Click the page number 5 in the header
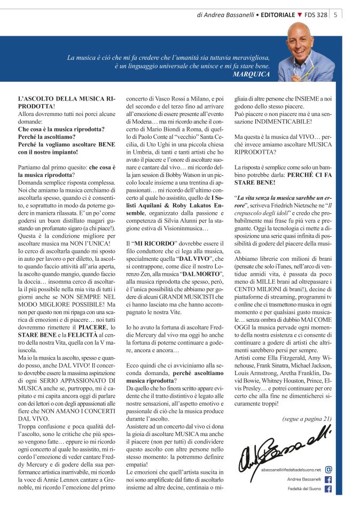[x=335, y=15]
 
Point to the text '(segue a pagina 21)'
[x=307, y=418]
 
